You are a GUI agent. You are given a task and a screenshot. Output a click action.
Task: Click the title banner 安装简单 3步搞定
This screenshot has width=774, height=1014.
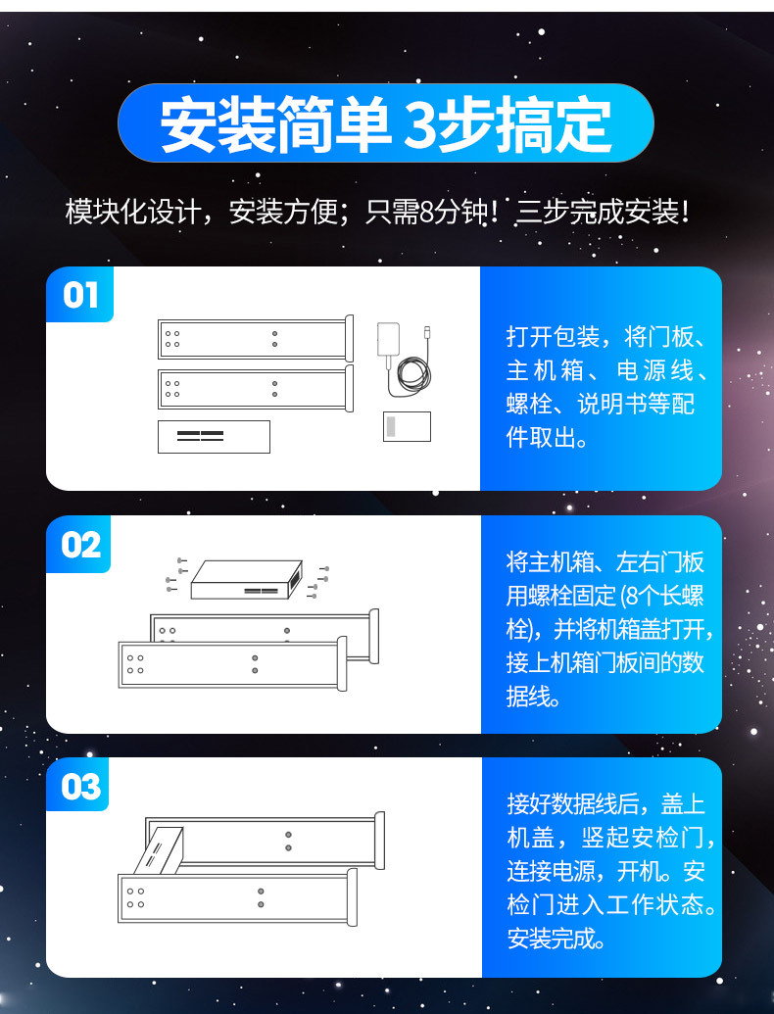[x=385, y=122]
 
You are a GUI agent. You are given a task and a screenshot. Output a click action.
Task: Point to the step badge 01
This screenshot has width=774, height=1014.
[x=80, y=295]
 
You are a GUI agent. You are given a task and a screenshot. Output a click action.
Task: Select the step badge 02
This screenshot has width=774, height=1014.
[x=79, y=545]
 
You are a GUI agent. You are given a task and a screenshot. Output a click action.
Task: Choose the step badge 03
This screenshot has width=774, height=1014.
[x=79, y=786]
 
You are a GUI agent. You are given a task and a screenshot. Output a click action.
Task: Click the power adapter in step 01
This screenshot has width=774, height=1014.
[x=388, y=340]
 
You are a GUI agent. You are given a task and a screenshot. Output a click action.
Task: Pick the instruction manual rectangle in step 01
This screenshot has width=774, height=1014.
[x=407, y=427]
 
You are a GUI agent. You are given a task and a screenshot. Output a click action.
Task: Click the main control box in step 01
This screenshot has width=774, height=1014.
[x=214, y=437]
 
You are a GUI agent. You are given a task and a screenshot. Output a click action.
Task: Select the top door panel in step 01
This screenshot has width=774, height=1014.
[x=256, y=338]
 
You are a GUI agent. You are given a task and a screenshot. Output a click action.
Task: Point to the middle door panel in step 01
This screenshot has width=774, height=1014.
[x=256, y=388]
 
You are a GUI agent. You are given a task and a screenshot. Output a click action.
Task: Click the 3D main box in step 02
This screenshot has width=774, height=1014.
[x=247, y=579]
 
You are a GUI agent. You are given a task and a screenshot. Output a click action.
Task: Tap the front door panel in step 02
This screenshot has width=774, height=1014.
[x=233, y=664]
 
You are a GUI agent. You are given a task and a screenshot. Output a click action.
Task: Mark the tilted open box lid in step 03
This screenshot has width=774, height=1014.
[x=158, y=850]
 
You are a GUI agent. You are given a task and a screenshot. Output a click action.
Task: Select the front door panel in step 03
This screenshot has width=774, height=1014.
[x=237, y=897]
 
